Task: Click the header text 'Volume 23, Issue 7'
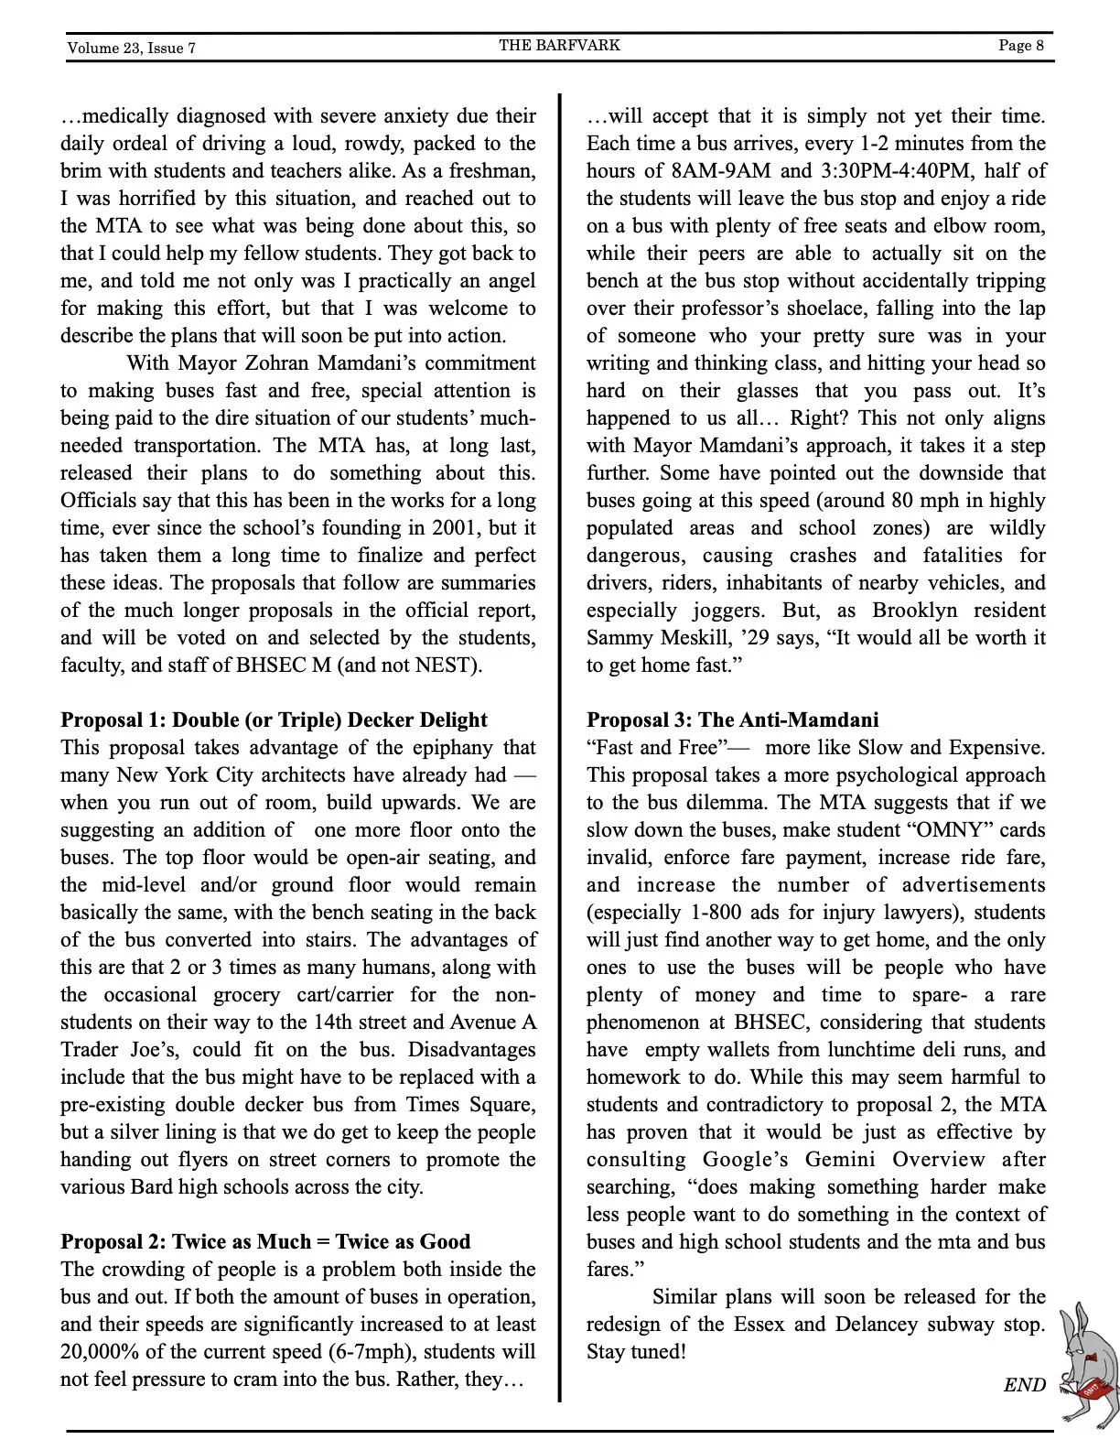click(131, 48)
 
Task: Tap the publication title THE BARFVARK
click(559, 45)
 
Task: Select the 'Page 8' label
click(1020, 46)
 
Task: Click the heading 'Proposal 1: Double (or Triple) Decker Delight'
click(274, 720)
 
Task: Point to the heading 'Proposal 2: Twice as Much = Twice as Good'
click(265, 1241)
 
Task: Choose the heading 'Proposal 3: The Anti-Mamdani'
click(732, 720)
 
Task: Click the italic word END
click(1024, 1384)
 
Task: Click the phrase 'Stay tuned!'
click(636, 1351)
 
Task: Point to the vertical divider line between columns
click(559, 732)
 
